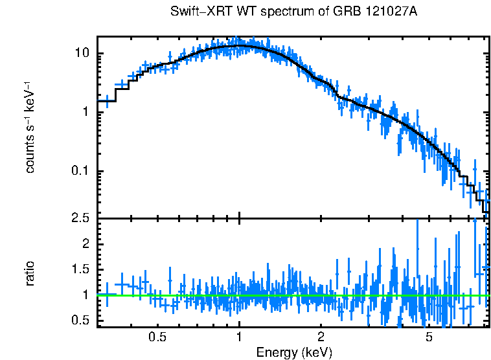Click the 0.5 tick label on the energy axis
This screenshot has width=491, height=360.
tap(157, 337)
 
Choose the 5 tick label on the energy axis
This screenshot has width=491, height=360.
tap(429, 337)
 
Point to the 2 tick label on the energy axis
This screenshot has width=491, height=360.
tap(321, 337)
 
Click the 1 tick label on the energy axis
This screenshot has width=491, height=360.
tap(239, 337)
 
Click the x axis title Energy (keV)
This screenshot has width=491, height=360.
tap(294, 352)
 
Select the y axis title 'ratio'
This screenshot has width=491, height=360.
tap(30, 274)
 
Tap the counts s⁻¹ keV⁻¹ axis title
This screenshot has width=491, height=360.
tap(30, 128)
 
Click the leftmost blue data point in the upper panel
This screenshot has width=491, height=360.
tap(106, 101)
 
